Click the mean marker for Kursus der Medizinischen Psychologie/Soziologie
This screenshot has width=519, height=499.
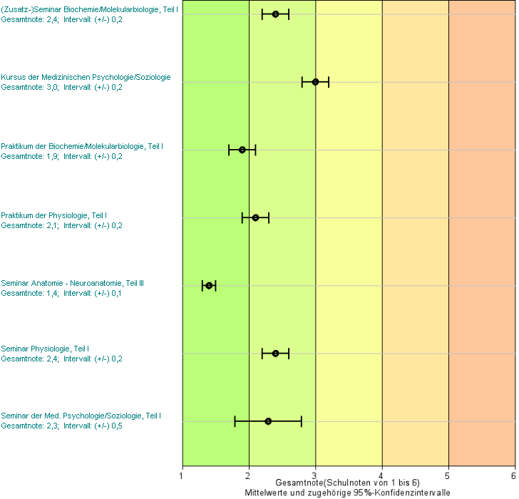[x=315, y=82]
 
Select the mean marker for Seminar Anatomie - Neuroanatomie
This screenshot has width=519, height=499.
[x=209, y=286]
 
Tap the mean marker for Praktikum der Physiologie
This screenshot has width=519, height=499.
[x=255, y=217]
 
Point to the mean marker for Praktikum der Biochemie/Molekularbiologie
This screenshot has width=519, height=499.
[x=242, y=150]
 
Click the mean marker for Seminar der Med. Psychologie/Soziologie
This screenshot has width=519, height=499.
[x=268, y=421]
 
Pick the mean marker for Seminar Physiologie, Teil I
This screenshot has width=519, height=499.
[x=275, y=354]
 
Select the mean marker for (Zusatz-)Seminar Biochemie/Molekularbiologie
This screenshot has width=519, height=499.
[x=275, y=14]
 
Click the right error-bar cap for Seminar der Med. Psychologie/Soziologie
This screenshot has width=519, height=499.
[x=302, y=421]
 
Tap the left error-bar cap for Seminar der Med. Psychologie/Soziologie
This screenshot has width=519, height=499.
[x=235, y=421]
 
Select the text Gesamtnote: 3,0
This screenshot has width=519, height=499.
[x=30, y=87]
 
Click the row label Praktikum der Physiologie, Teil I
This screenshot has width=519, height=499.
[x=54, y=215]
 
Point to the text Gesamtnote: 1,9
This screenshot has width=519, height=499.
[x=30, y=155]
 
